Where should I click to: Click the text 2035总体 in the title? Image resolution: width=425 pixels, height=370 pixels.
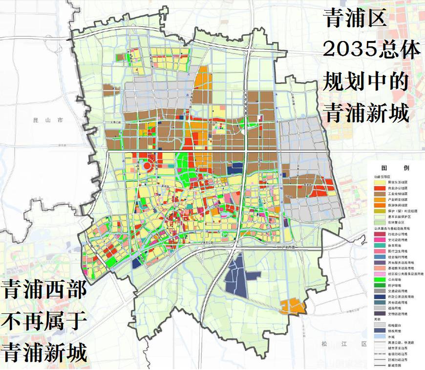click(372, 49)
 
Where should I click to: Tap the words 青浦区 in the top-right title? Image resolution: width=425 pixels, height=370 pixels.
click(355, 19)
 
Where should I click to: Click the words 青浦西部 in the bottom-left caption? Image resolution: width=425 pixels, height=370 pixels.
click(44, 291)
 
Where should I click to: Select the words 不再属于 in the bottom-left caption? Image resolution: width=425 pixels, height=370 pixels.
click(44, 322)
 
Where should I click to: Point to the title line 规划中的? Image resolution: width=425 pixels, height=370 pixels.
click(365, 82)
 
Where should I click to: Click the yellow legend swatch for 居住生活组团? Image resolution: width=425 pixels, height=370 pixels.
click(380, 182)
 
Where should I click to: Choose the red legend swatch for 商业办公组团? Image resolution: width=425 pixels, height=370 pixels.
click(380, 188)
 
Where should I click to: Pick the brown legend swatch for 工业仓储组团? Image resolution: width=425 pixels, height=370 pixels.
click(380, 194)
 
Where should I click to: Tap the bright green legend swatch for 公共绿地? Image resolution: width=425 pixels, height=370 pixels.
click(380, 280)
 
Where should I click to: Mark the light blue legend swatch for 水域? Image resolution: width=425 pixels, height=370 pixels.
click(380, 336)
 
